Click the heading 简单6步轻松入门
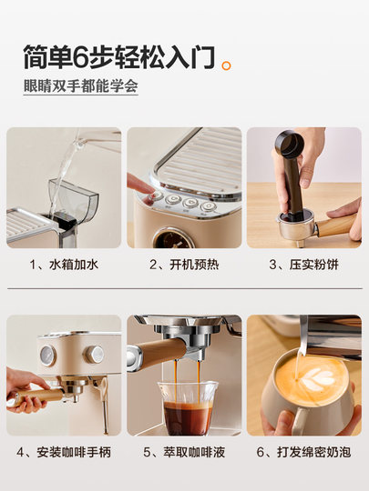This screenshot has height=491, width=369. pos(119,57)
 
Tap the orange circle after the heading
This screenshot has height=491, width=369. pos(226,65)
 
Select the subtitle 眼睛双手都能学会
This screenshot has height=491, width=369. pos(81,85)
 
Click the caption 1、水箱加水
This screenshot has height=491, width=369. pos(64,265)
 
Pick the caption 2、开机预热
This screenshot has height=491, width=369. pos(184,265)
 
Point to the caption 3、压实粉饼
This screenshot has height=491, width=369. pos(303,265)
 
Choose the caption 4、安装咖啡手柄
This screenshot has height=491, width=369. pos(64,452)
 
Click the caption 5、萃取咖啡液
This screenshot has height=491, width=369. pos(184,452)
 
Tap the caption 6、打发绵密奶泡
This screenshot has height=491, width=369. pos(303,452)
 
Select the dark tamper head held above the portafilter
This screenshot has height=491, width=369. pos(290,145)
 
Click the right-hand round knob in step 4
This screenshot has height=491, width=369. pos(94,355)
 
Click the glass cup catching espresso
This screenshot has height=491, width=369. pos(188,407)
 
